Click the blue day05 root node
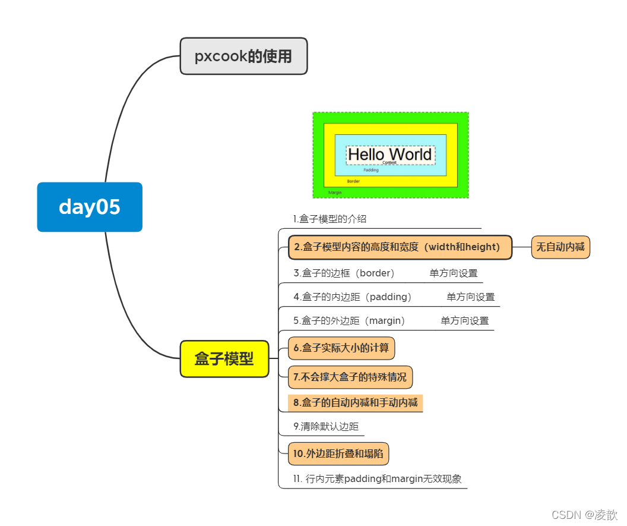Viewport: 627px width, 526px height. [90, 207]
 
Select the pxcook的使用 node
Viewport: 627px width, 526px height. [243, 56]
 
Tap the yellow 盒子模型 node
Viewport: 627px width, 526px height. [224, 359]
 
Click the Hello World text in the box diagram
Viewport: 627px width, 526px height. [389, 155]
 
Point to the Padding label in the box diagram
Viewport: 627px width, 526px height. [371, 170]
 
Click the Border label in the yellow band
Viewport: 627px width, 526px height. [353, 181]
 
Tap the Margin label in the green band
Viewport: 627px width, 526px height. [335, 193]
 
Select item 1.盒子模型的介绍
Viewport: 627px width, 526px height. [330, 219]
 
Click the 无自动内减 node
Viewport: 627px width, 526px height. [560, 247]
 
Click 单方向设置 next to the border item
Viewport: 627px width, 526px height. [454, 273]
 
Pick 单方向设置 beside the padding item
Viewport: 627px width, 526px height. [471, 297]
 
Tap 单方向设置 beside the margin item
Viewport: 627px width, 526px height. [465, 321]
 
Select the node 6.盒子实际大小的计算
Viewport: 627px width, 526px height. [341, 348]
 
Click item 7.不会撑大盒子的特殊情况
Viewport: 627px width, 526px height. [350, 377]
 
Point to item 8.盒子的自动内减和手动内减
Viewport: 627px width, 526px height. [355, 403]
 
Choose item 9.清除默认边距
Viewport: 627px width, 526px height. [326, 426]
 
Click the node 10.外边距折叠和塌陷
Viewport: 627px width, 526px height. [338, 454]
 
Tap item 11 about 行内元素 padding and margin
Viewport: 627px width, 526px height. [378, 478]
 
